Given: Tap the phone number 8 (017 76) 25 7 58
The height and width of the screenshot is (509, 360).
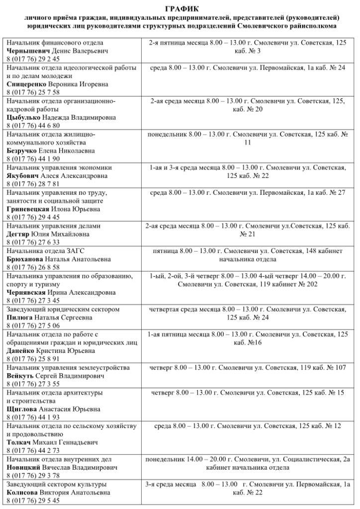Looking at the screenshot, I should [x=33, y=92].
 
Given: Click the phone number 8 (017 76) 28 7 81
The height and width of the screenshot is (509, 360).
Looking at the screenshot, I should [x=33, y=184].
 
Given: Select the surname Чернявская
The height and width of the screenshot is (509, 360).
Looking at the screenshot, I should [x=26, y=293].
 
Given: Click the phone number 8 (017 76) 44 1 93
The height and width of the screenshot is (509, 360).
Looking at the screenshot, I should [x=33, y=418].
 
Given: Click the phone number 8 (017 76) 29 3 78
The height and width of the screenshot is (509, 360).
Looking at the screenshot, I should [x=33, y=476].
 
